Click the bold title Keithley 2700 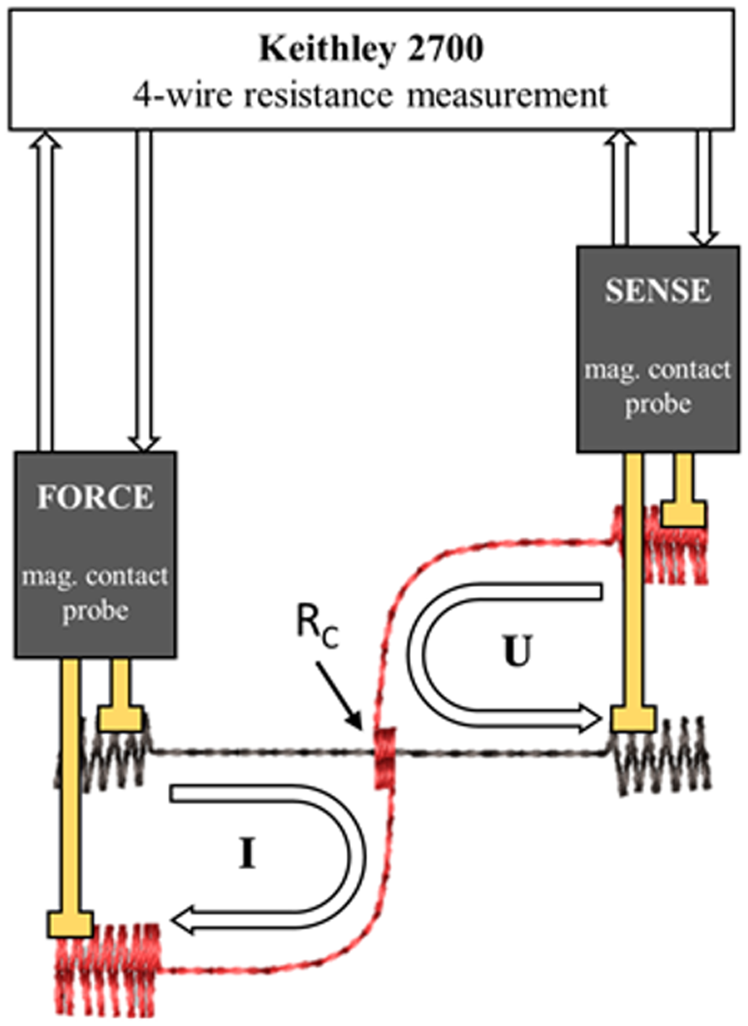[x=371, y=48]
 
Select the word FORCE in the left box [x=95, y=497]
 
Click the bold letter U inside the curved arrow [x=517, y=650]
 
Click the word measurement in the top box [x=508, y=96]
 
